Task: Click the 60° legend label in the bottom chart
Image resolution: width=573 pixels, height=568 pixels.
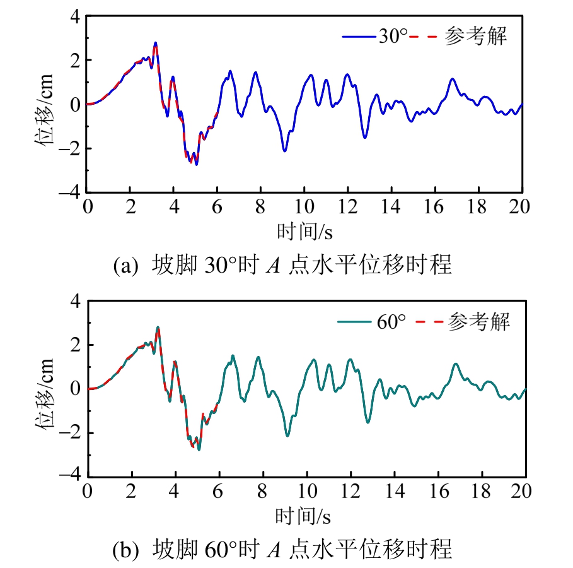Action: tap(391, 322)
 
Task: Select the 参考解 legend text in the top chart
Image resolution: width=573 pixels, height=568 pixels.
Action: tap(476, 37)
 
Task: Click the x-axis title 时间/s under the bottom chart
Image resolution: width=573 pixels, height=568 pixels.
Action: tap(304, 517)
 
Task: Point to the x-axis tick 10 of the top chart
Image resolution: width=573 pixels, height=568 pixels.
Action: tap(304, 207)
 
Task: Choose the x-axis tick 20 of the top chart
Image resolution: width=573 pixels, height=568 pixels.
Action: tap(521, 207)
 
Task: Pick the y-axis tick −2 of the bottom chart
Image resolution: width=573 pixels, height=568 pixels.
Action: tap(71, 433)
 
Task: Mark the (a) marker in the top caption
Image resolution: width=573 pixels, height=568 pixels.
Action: tap(125, 266)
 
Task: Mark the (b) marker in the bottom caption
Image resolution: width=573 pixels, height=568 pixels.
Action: tap(125, 550)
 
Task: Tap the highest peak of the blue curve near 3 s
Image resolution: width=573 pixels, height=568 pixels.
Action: tap(155, 43)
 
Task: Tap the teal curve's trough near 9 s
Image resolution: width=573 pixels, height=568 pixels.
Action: tap(287, 435)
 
